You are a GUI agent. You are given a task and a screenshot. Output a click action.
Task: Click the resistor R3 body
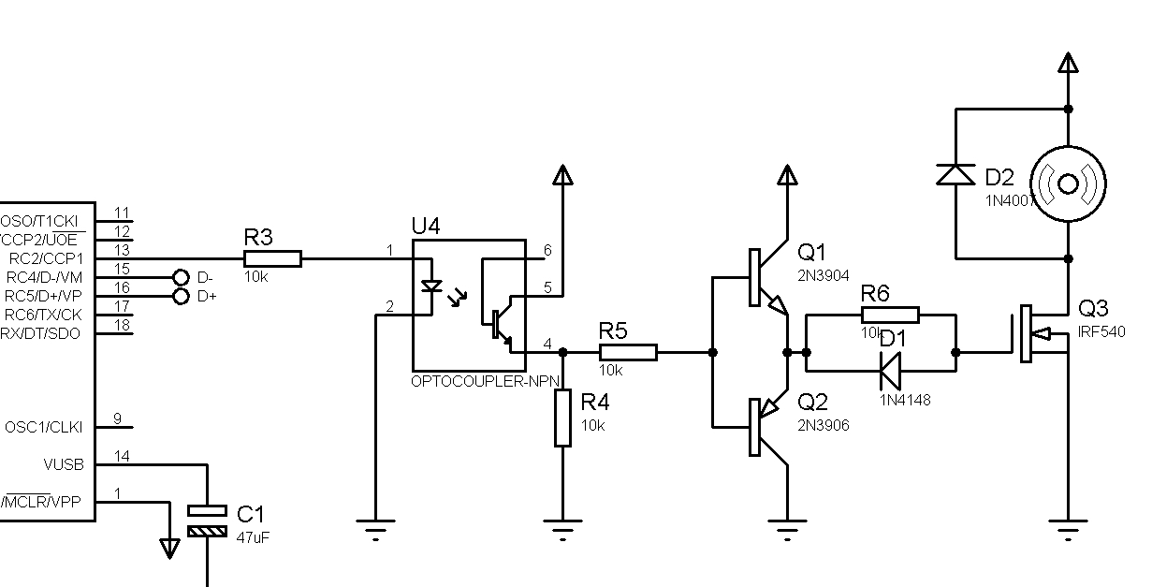(x=272, y=258)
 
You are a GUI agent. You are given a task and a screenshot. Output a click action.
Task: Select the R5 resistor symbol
(x=628, y=352)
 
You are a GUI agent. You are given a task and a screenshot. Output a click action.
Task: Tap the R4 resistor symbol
(x=562, y=418)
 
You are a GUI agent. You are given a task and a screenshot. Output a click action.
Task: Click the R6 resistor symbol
(x=890, y=315)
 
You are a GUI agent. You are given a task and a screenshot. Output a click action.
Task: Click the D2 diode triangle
(x=955, y=174)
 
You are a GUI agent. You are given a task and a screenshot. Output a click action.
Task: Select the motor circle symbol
(x=1068, y=183)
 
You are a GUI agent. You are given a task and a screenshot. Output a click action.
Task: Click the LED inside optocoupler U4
(x=431, y=286)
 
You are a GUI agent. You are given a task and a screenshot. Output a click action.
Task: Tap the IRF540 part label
(x=1101, y=332)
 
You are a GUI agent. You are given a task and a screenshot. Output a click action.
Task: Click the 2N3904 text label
(x=824, y=275)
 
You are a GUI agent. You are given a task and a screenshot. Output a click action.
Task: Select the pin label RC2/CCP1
(x=45, y=258)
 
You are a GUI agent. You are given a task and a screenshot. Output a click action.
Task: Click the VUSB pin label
(x=63, y=464)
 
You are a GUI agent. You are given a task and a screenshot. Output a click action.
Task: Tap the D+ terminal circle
(x=182, y=296)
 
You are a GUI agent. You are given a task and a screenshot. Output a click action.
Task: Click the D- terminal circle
(x=182, y=277)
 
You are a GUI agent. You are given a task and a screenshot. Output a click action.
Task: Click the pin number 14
(x=122, y=456)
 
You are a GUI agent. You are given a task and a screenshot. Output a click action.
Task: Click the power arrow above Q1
(x=787, y=175)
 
